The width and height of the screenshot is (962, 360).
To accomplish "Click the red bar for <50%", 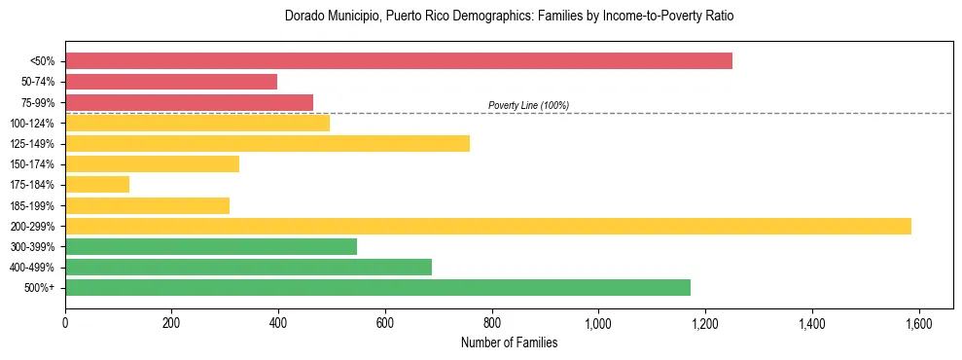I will coord(399,61).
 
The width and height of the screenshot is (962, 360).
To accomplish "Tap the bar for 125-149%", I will coord(267,144).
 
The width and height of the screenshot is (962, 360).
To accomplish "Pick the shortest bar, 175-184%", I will coord(97,185).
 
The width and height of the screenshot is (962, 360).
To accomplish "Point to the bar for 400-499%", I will coord(248,268).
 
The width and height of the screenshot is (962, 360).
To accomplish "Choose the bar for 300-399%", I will coord(211,247).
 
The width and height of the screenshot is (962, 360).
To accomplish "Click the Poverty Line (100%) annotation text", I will coord(528,105).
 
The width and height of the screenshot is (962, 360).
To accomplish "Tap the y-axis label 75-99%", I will coord(38,103).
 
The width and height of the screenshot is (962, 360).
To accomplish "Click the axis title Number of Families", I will coord(509,343).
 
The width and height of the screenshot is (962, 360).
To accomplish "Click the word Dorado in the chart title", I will coord(303,17).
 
